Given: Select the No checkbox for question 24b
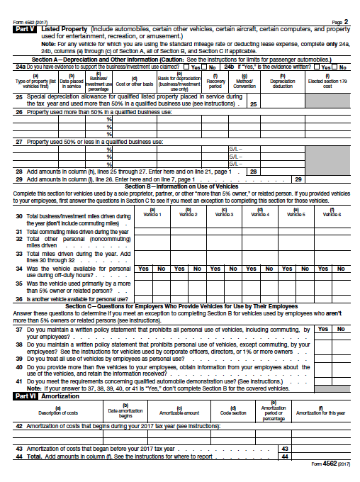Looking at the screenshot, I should click(337, 67).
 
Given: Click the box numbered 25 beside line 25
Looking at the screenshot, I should click(253, 103).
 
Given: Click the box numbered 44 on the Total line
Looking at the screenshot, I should click(284, 456).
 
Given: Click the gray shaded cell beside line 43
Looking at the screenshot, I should click(320, 449).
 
